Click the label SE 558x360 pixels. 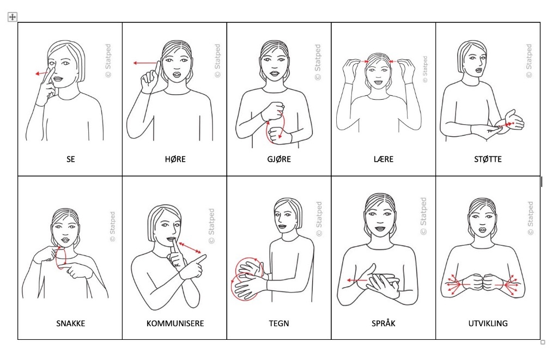pos(70,159)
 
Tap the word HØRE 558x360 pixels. pos(175,159)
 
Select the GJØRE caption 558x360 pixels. pos(279,159)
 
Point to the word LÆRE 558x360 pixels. pos(383,159)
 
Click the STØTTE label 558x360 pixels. pos(488,159)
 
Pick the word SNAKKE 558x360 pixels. pos(70,324)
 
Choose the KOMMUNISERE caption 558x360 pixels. pos(175,324)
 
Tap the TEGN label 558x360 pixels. pos(279,324)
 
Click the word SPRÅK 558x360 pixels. pos(383,323)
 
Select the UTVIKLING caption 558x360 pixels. pos(488,324)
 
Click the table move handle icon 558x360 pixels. pos(13,17)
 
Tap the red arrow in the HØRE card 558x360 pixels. pos(145,63)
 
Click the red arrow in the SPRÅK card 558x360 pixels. pos(357,280)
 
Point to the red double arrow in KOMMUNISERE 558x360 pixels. pos(190,248)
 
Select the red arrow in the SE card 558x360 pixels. pos(42,74)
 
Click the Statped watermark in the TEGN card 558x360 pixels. pos(319,219)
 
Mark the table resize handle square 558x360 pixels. pos(543,342)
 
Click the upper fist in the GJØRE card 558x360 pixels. pos(273,111)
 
